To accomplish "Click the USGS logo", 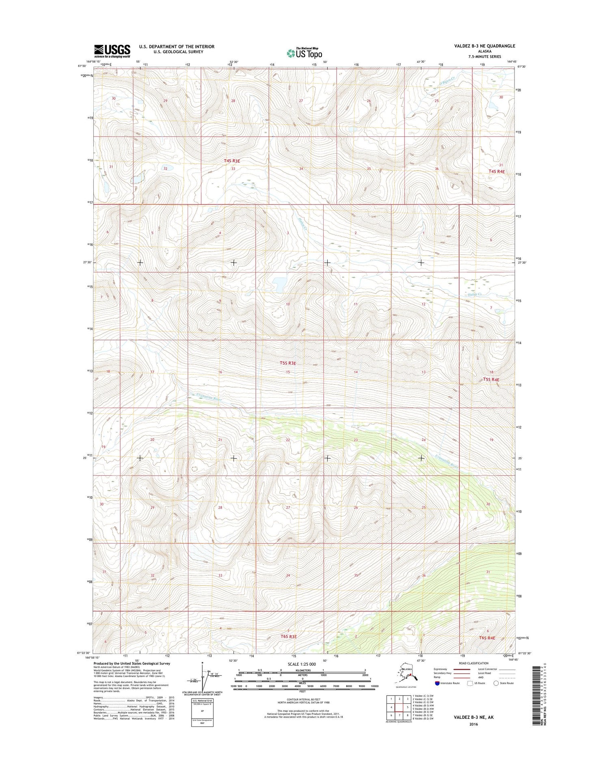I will (112, 50).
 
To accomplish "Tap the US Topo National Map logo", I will (304, 53).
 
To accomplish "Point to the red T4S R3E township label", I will (232, 161).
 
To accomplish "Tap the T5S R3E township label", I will (287, 363).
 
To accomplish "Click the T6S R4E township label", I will (487, 638).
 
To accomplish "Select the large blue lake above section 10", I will (279, 284).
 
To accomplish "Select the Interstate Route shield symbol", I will (437, 683).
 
